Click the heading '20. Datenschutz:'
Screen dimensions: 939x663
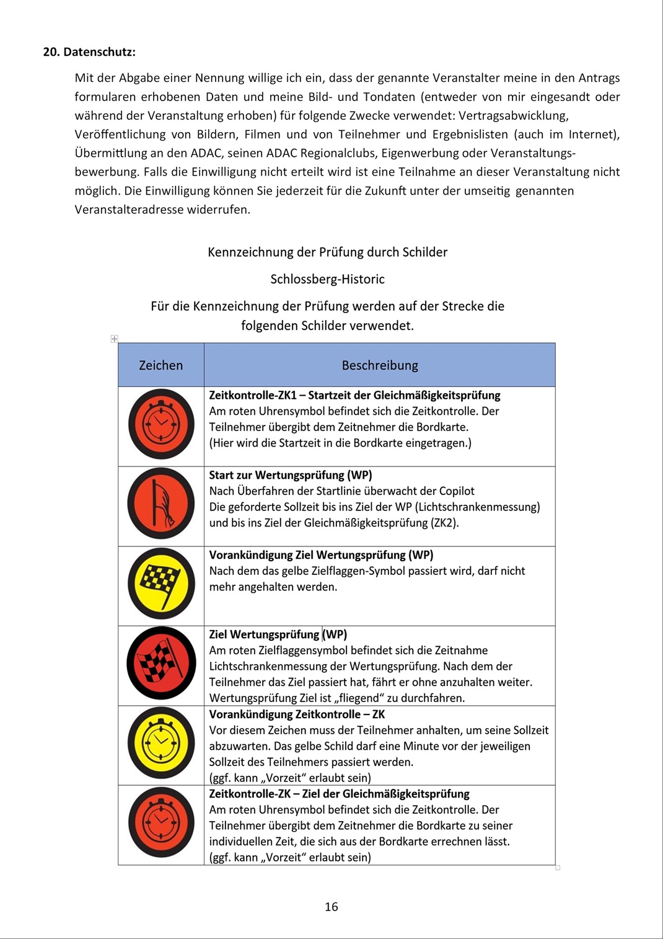[x=89, y=52]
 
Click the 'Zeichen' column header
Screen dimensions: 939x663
[x=160, y=365]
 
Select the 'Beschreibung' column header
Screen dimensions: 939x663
[x=380, y=365]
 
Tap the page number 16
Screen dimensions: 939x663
[x=331, y=907]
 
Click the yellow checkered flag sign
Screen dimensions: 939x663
[x=161, y=584]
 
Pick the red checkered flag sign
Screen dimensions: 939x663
[x=161, y=663]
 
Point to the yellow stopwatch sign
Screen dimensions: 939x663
[x=161, y=742]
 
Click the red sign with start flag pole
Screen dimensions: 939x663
[x=161, y=503]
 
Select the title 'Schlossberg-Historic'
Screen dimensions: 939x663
[x=327, y=279]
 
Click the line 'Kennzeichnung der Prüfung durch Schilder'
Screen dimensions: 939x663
[x=327, y=252]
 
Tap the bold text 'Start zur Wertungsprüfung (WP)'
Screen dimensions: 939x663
[x=291, y=475]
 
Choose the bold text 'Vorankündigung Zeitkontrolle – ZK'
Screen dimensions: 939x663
[x=297, y=714]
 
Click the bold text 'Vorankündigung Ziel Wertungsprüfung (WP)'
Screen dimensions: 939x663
[x=321, y=555]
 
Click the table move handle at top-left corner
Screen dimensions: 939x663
[x=114, y=339]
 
